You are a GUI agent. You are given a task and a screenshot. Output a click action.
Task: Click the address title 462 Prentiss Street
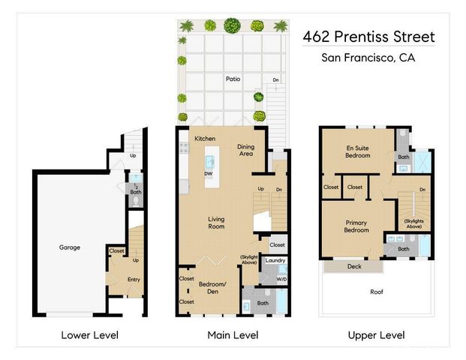[x=368, y=37]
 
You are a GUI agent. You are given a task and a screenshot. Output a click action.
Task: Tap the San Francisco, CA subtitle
[x=368, y=58]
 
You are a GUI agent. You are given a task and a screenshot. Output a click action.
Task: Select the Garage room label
[x=70, y=247]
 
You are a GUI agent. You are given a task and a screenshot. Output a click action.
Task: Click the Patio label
[x=233, y=77]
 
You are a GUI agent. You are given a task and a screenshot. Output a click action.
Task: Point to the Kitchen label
[x=205, y=139]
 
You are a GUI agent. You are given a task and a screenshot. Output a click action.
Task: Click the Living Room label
[x=216, y=222]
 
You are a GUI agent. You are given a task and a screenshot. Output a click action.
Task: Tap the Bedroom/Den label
[x=212, y=288]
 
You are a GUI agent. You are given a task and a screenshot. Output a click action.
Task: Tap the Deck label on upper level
[x=353, y=266]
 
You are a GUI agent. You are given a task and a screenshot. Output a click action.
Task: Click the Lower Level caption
[x=89, y=334]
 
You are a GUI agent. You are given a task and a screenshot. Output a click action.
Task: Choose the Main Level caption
[x=233, y=334]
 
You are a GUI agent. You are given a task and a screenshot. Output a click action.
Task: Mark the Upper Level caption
[x=376, y=334]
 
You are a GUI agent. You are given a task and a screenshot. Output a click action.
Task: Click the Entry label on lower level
[x=134, y=280]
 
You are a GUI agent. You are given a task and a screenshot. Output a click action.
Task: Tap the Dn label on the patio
[x=275, y=79]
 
